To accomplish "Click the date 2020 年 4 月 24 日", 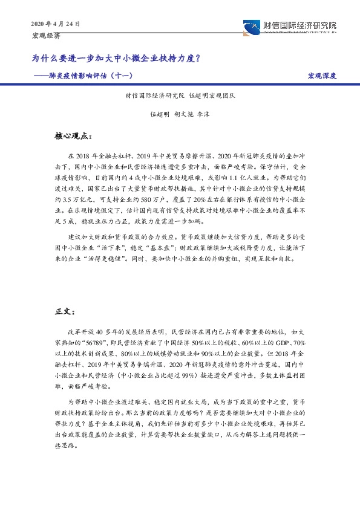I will point(55,24).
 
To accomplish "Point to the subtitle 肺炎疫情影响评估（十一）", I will point(100,76).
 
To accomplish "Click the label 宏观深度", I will point(321,76).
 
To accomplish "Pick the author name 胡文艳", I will point(185,113).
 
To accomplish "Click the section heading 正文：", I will point(65,313).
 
